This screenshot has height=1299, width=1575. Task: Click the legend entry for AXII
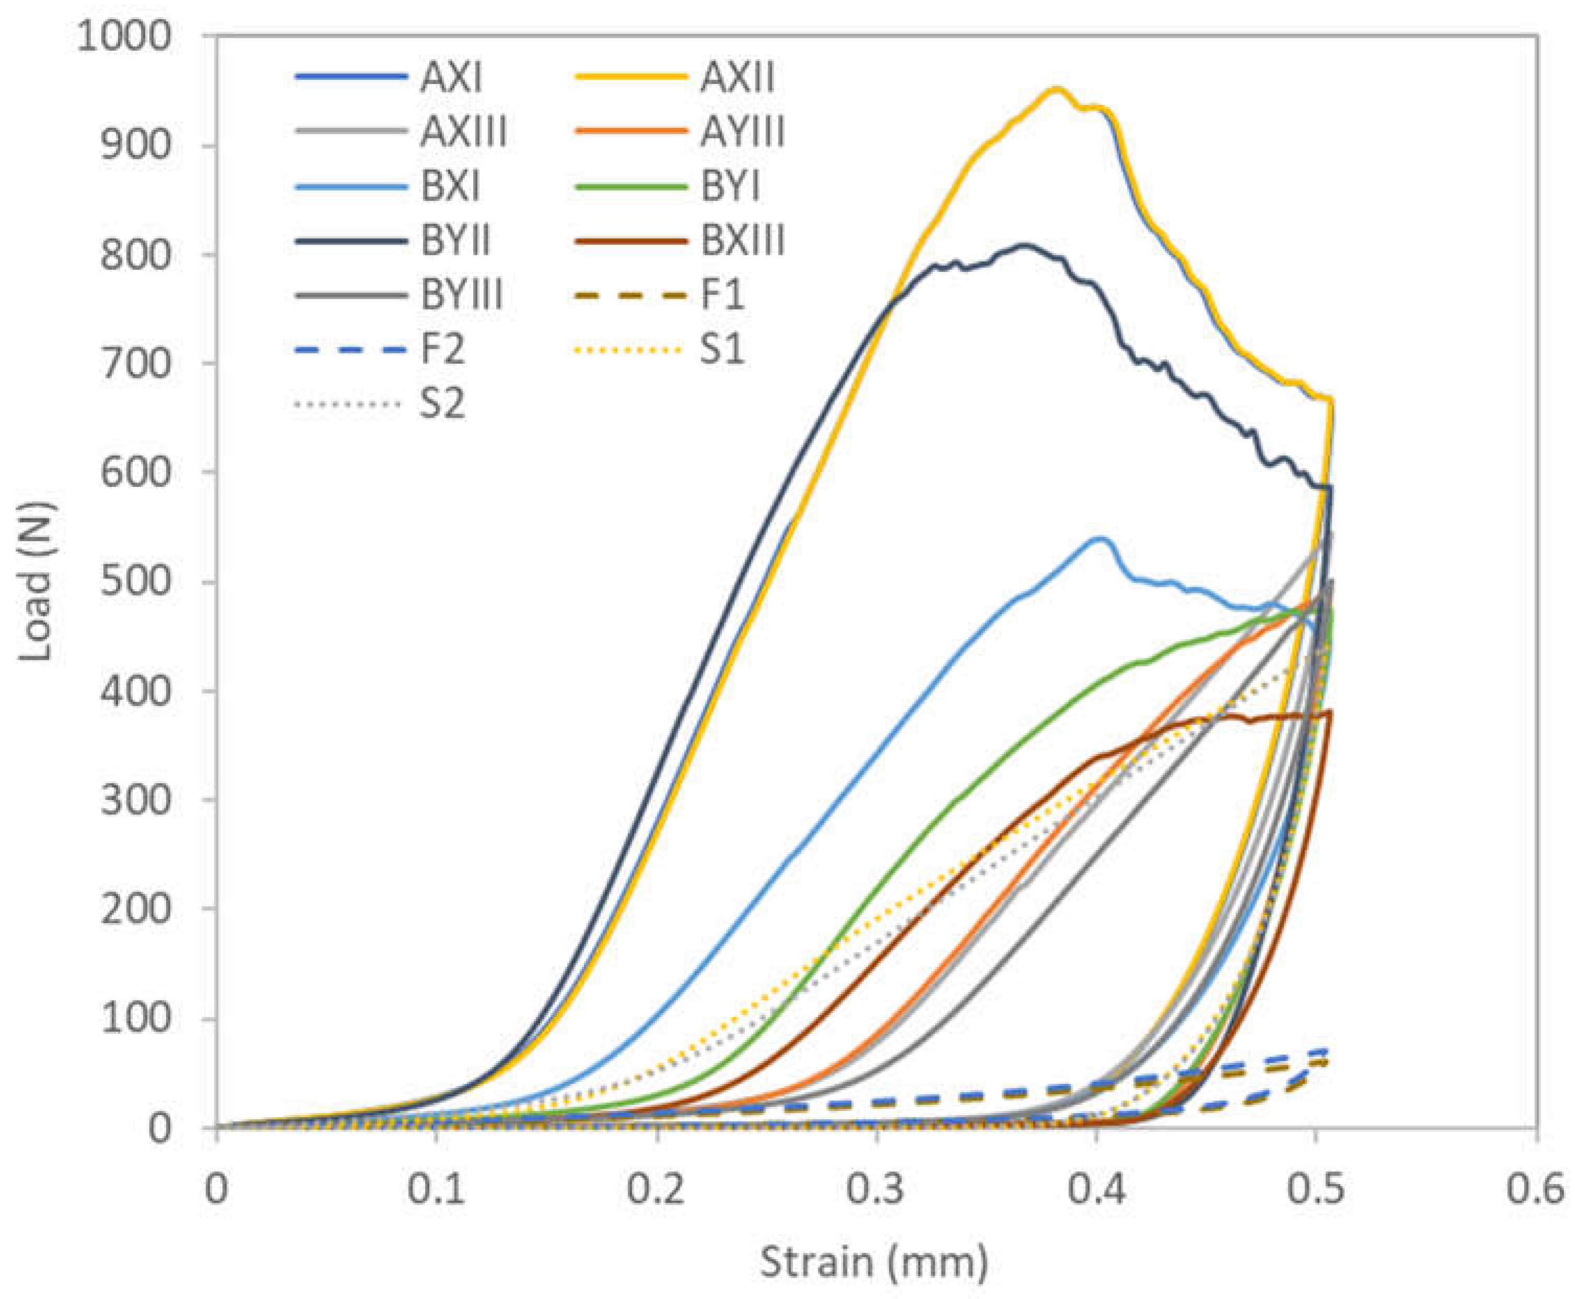click(737, 78)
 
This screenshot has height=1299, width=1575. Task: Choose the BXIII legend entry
click(742, 242)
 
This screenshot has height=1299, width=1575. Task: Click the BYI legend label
click(730, 187)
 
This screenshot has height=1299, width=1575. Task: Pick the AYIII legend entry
click(742, 133)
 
